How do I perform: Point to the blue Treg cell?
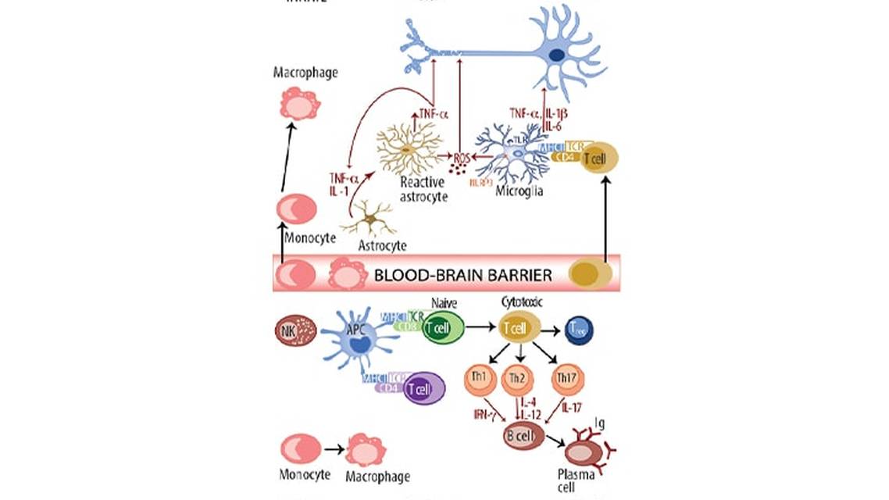(580, 331)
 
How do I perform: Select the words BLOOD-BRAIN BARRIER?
(463, 276)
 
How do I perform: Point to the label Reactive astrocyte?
(423, 189)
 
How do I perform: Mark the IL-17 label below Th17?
(572, 407)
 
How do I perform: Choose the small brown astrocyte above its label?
(371, 218)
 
